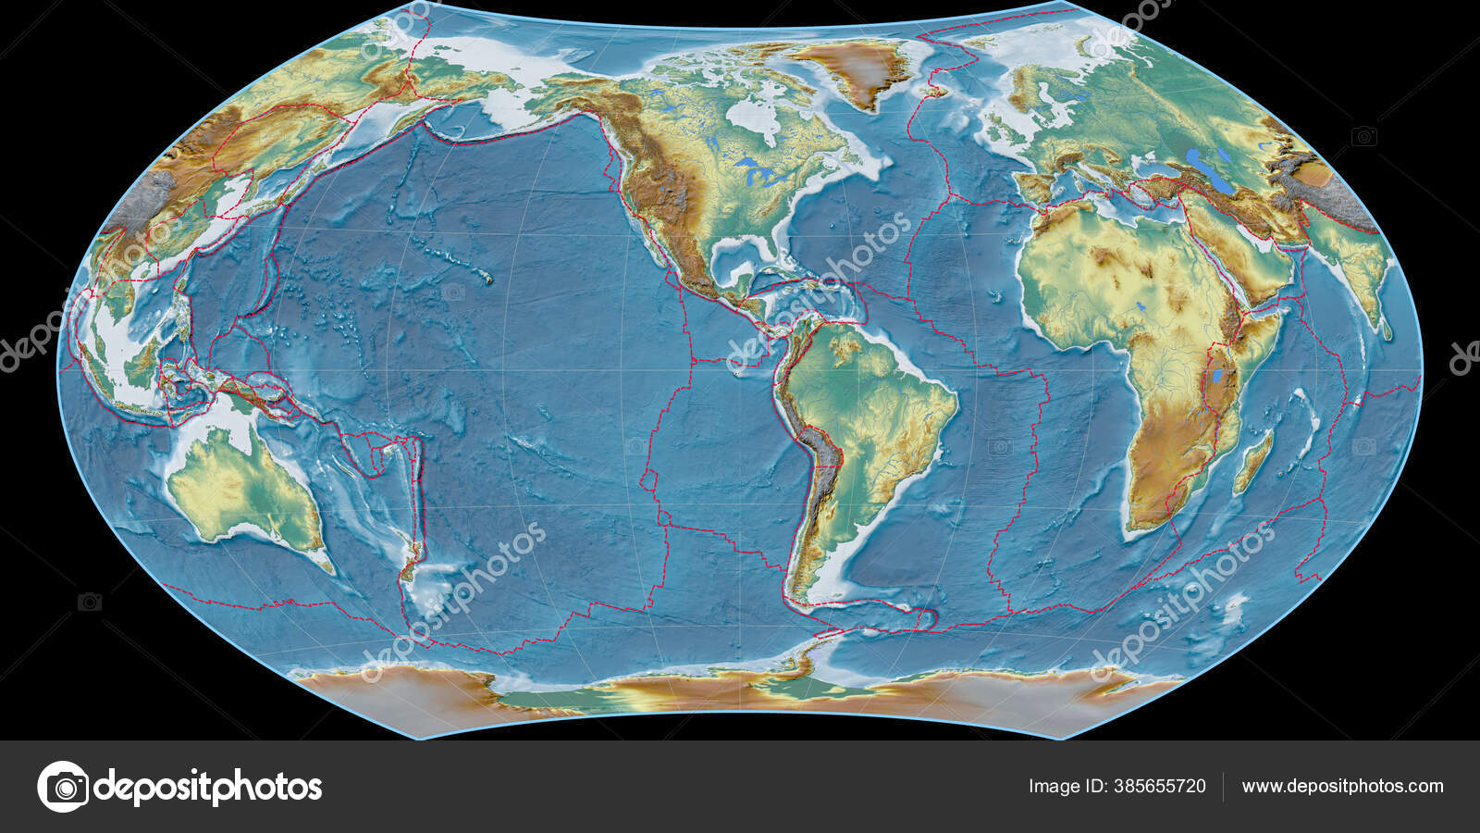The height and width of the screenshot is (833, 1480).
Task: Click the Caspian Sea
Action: pyautogui.click(x=1203, y=168)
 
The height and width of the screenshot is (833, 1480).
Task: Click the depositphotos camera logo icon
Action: pyautogui.click(x=63, y=787)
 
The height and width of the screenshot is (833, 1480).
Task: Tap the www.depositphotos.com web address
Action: pyautogui.click(x=1342, y=787)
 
